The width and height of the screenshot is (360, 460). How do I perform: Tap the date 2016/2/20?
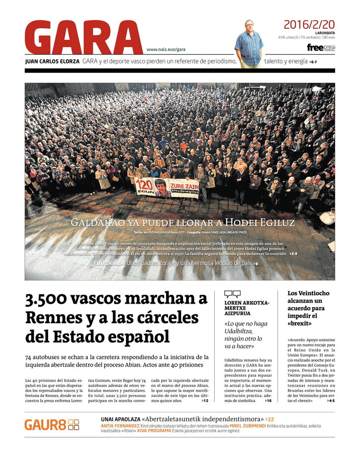click(x=309, y=24)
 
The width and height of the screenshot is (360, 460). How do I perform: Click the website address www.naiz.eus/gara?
click(x=166, y=50)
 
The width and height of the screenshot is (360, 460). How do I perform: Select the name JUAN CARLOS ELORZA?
click(x=52, y=62)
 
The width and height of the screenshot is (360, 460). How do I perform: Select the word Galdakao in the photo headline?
click(x=97, y=222)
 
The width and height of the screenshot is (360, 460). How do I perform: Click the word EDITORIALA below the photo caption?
click(x=109, y=263)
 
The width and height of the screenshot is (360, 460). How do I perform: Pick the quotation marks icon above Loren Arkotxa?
click(x=232, y=294)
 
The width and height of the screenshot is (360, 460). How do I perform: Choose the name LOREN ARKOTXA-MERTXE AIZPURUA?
click(x=247, y=308)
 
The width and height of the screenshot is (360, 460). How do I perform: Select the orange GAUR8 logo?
click(x=52, y=425)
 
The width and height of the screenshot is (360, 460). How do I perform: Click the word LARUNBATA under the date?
click(x=325, y=33)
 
